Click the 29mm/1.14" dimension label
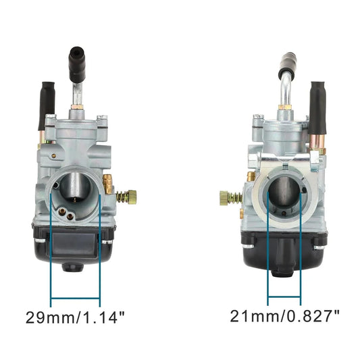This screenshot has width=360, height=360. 75,315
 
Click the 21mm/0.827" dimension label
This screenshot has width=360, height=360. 284,315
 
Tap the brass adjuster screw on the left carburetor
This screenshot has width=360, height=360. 126,197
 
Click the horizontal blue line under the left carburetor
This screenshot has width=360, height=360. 75,298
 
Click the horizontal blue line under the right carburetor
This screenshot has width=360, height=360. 284,298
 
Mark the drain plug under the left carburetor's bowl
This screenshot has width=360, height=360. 72,266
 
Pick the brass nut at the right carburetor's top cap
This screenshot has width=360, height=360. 285,107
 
